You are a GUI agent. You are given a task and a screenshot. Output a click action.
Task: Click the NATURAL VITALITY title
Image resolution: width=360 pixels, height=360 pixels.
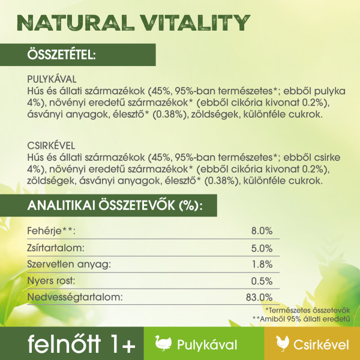[x=133, y=23]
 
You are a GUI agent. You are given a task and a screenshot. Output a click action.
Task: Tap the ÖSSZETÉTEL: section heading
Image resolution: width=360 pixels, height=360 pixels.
[x=62, y=55]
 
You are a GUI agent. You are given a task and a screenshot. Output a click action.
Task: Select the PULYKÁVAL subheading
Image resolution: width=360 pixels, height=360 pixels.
[x=52, y=79]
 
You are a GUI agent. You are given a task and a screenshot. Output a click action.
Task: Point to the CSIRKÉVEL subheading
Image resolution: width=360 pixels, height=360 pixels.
[x=51, y=146]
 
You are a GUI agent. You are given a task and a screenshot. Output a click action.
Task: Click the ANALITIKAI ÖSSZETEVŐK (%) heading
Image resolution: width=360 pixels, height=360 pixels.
[x=115, y=205]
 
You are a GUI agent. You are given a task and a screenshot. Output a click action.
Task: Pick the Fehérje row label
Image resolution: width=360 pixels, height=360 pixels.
[x=51, y=231]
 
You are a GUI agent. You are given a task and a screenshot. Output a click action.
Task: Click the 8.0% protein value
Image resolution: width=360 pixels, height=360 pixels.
[x=262, y=231]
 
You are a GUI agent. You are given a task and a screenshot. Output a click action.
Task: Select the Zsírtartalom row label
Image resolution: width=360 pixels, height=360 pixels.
[x=56, y=248]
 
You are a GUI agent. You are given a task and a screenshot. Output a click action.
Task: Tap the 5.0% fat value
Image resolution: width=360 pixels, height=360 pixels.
[x=262, y=248]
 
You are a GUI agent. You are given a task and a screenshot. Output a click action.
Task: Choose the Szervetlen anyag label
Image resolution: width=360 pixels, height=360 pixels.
[x=69, y=265]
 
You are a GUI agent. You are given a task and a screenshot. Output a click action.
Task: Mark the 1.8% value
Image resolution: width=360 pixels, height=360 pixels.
[x=262, y=265]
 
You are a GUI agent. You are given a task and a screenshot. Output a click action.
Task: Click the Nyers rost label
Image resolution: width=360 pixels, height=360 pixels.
[x=51, y=281]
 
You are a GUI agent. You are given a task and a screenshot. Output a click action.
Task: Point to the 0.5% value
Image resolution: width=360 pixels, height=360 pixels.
[x=262, y=281]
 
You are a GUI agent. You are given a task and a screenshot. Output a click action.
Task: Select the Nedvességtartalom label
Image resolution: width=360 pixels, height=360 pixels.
[x=75, y=298]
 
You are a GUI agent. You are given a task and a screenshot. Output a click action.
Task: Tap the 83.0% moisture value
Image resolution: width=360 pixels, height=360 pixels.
[x=259, y=298]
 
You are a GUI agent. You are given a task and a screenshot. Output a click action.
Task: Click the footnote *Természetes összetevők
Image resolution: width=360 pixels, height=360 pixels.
[x=308, y=310]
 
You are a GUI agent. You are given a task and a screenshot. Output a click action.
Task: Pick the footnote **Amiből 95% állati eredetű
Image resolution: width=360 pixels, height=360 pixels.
[x=301, y=319]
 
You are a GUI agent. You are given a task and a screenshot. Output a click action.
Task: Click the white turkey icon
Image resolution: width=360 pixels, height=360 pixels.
[x=163, y=343]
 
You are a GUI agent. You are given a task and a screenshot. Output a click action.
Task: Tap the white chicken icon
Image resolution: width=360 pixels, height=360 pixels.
[x=282, y=343]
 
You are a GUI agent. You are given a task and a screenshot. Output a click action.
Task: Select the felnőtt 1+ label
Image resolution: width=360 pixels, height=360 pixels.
[x=82, y=344]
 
